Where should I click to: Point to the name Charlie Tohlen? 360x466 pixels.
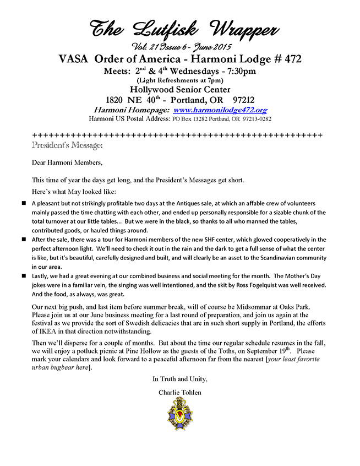pos(179,392)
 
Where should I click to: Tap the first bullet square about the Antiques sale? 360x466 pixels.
pos(24,203)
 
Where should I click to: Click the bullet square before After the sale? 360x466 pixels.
pos(24,240)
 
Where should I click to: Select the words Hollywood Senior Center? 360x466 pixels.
pos(179,90)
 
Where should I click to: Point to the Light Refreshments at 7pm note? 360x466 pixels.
pos(179,80)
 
